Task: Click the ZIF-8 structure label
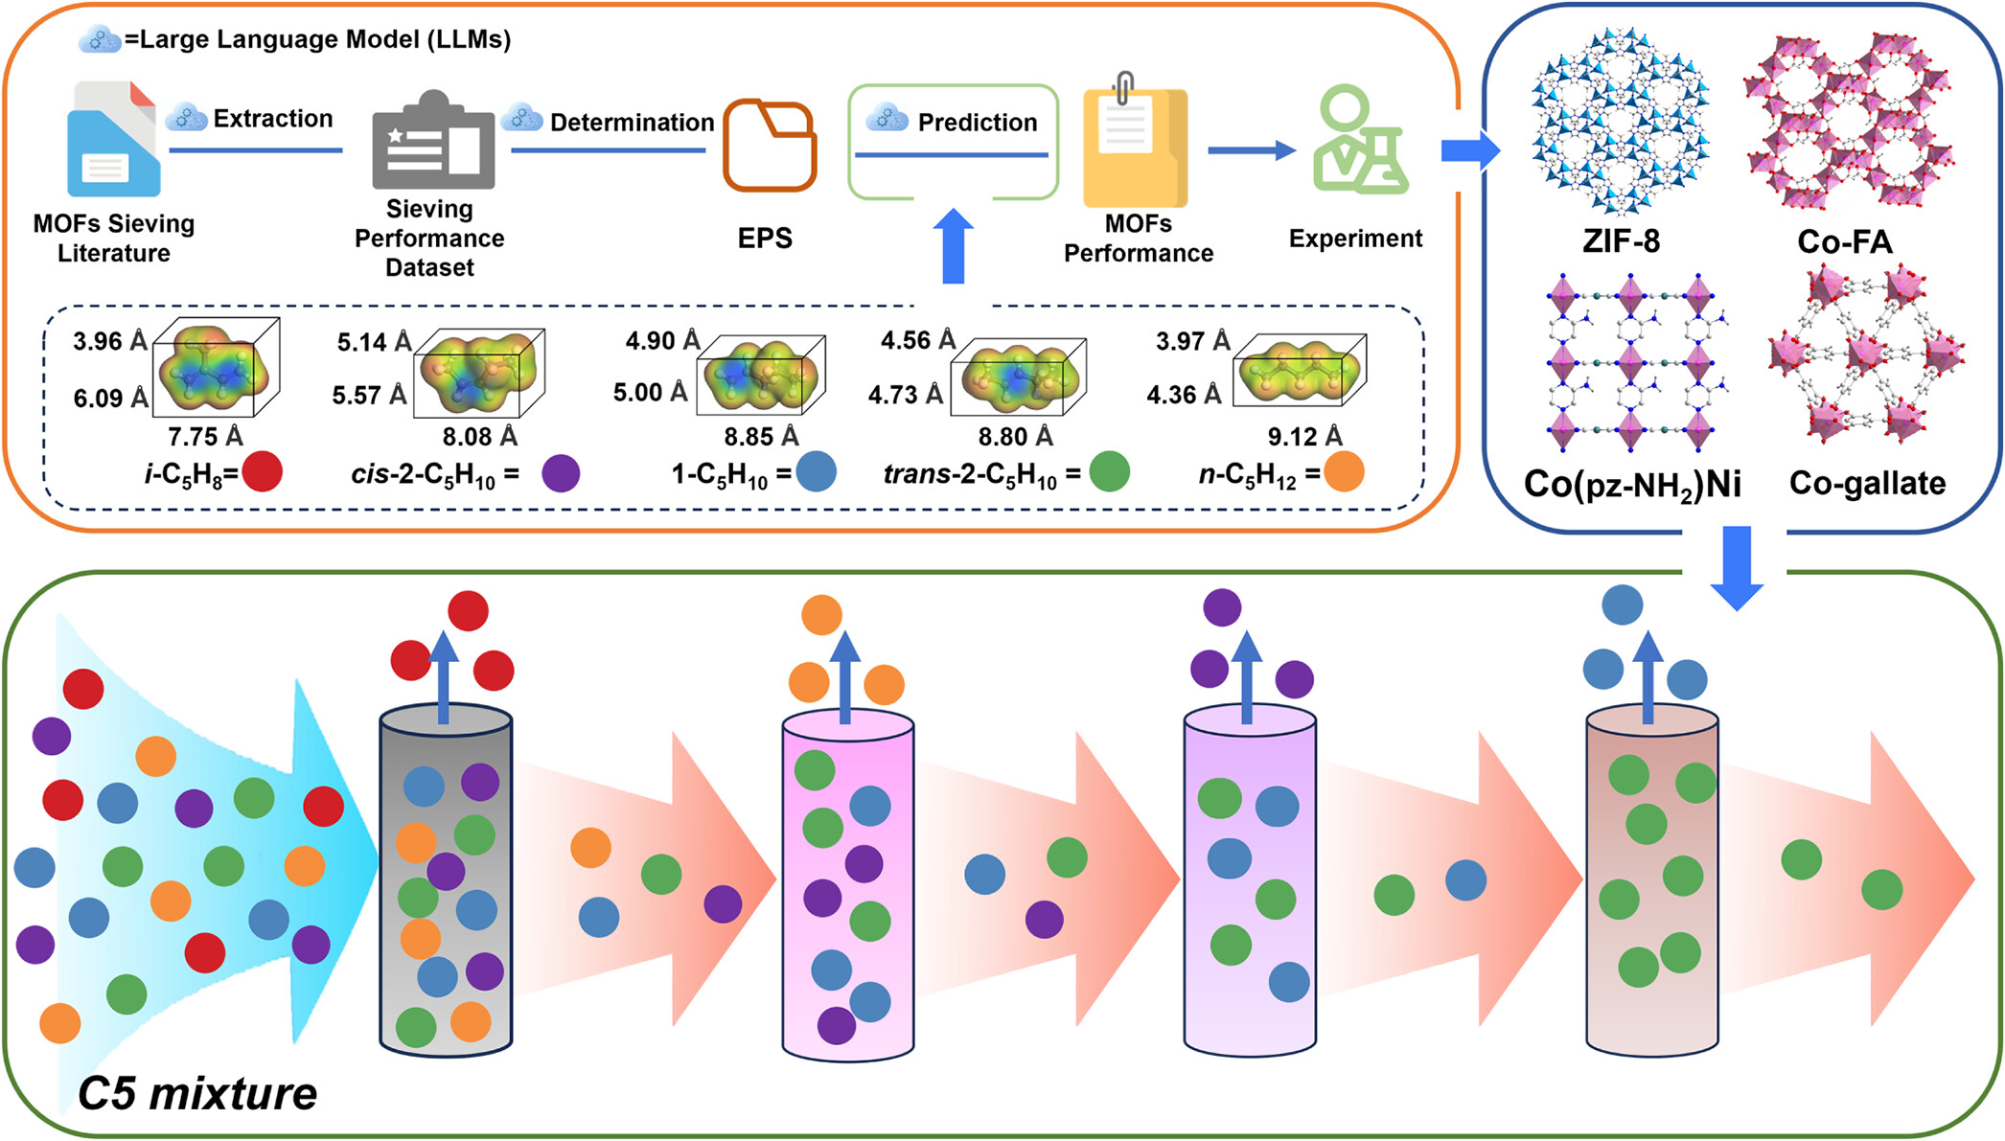pyautogui.click(x=1621, y=240)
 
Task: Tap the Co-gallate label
pyautogui.click(x=1867, y=483)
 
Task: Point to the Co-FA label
pyautogui.click(x=1845, y=241)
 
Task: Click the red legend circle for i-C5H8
pyautogui.click(x=263, y=471)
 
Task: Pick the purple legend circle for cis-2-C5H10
pyautogui.click(x=561, y=472)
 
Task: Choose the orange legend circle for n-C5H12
pyautogui.click(x=1345, y=471)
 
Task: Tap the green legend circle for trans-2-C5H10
pyautogui.click(x=1110, y=471)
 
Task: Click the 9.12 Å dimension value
pyautogui.click(x=1304, y=437)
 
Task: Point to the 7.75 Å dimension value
pyautogui.click(x=205, y=437)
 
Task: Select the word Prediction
pyautogui.click(x=978, y=123)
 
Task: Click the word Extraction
pyautogui.click(x=273, y=119)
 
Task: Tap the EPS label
pyautogui.click(x=765, y=239)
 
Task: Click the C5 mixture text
pyautogui.click(x=197, y=1093)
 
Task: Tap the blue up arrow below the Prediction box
pyautogui.click(x=954, y=246)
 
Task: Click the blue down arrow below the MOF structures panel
pyautogui.click(x=1737, y=567)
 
